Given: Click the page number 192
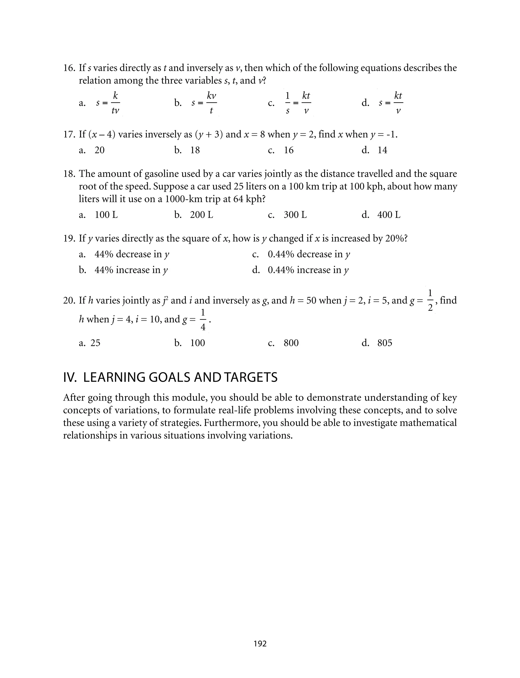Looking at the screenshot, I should pos(260,644).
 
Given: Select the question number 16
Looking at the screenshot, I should pos(69,68).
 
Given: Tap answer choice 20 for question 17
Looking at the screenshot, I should pos(99,150).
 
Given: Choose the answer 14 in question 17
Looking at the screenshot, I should pos(382,150).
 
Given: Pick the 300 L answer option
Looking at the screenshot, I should pos(295,215).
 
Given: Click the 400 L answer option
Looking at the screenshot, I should pos(389,215).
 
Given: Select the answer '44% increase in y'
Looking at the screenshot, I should pos(131,270).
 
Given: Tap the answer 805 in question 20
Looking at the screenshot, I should pos(385,343).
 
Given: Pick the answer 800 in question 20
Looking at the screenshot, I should pos(291,343).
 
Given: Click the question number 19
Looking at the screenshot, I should pos(69,238).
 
